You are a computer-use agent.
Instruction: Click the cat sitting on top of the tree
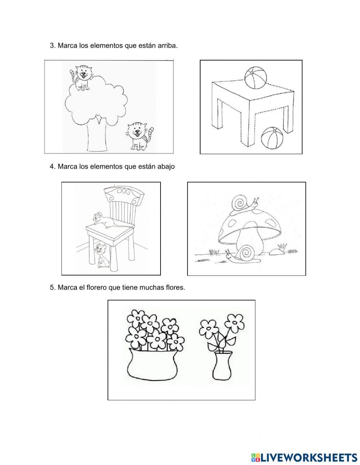pyautogui.click(x=81, y=77)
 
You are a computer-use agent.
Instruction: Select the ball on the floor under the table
pyautogui.click(x=272, y=137)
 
